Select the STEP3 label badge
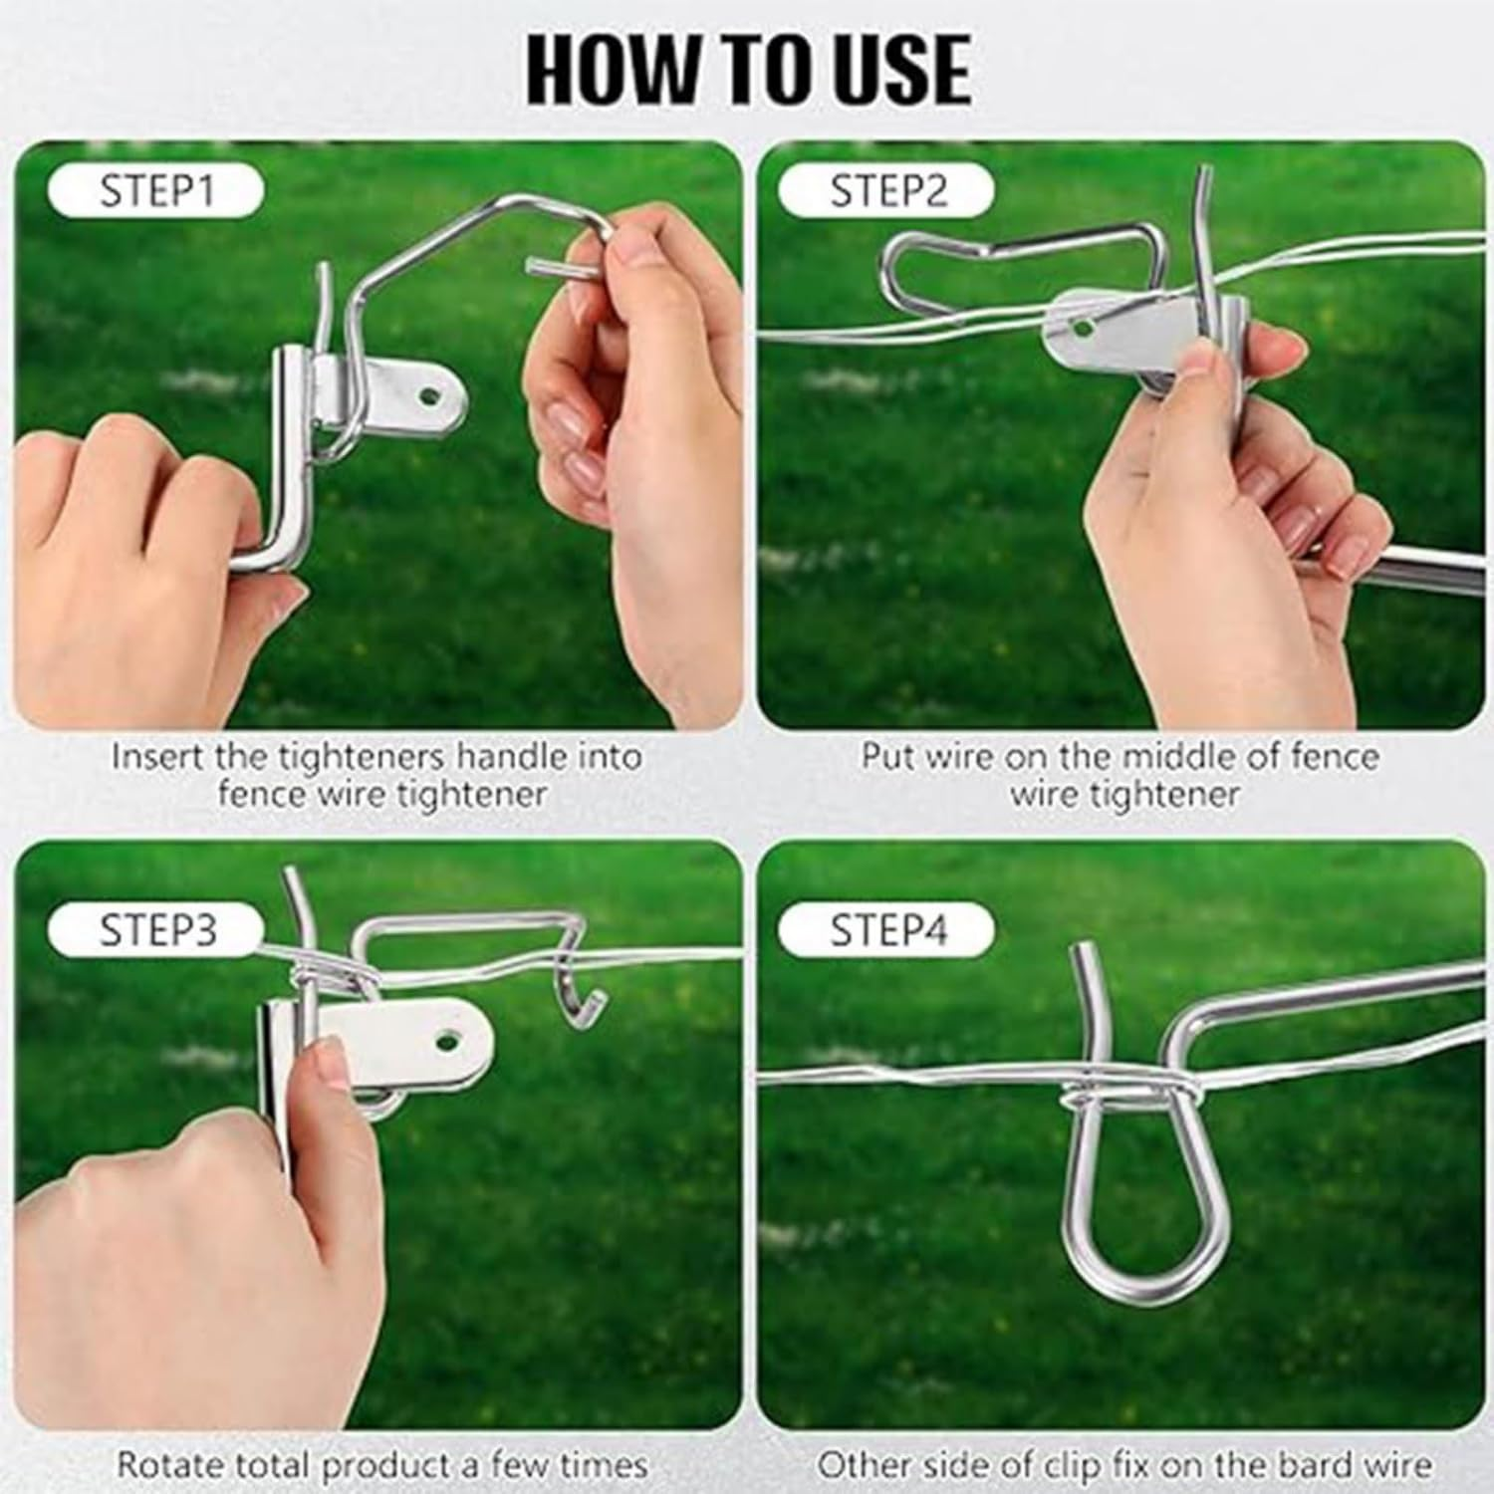pos(155,930)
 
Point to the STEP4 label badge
pos(886,930)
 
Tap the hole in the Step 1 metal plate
pos(430,395)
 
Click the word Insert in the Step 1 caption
pos(159,756)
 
